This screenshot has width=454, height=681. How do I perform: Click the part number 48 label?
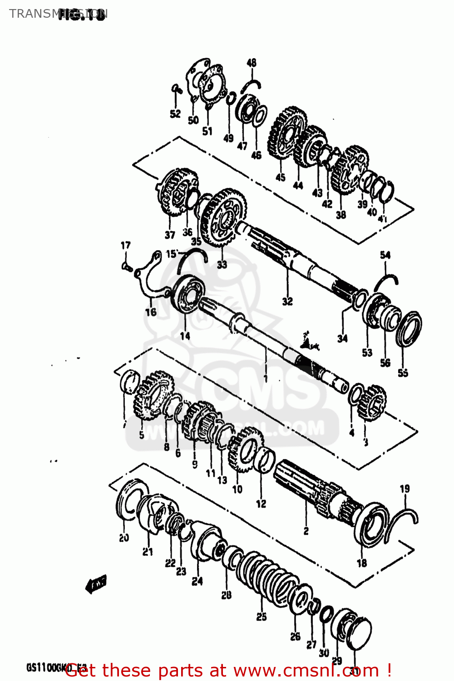click(252, 63)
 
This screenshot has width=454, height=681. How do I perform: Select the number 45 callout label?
click(281, 177)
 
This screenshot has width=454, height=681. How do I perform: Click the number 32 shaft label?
click(287, 301)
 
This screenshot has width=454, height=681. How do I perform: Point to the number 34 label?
click(342, 338)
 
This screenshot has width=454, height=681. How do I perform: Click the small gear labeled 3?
click(372, 402)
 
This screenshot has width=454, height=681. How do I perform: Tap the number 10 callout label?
click(237, 489)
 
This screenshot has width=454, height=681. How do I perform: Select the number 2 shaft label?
click(306, 531)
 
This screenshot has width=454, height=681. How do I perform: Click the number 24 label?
click(197, 581)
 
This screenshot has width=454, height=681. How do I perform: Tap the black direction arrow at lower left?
click(96, 584)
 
